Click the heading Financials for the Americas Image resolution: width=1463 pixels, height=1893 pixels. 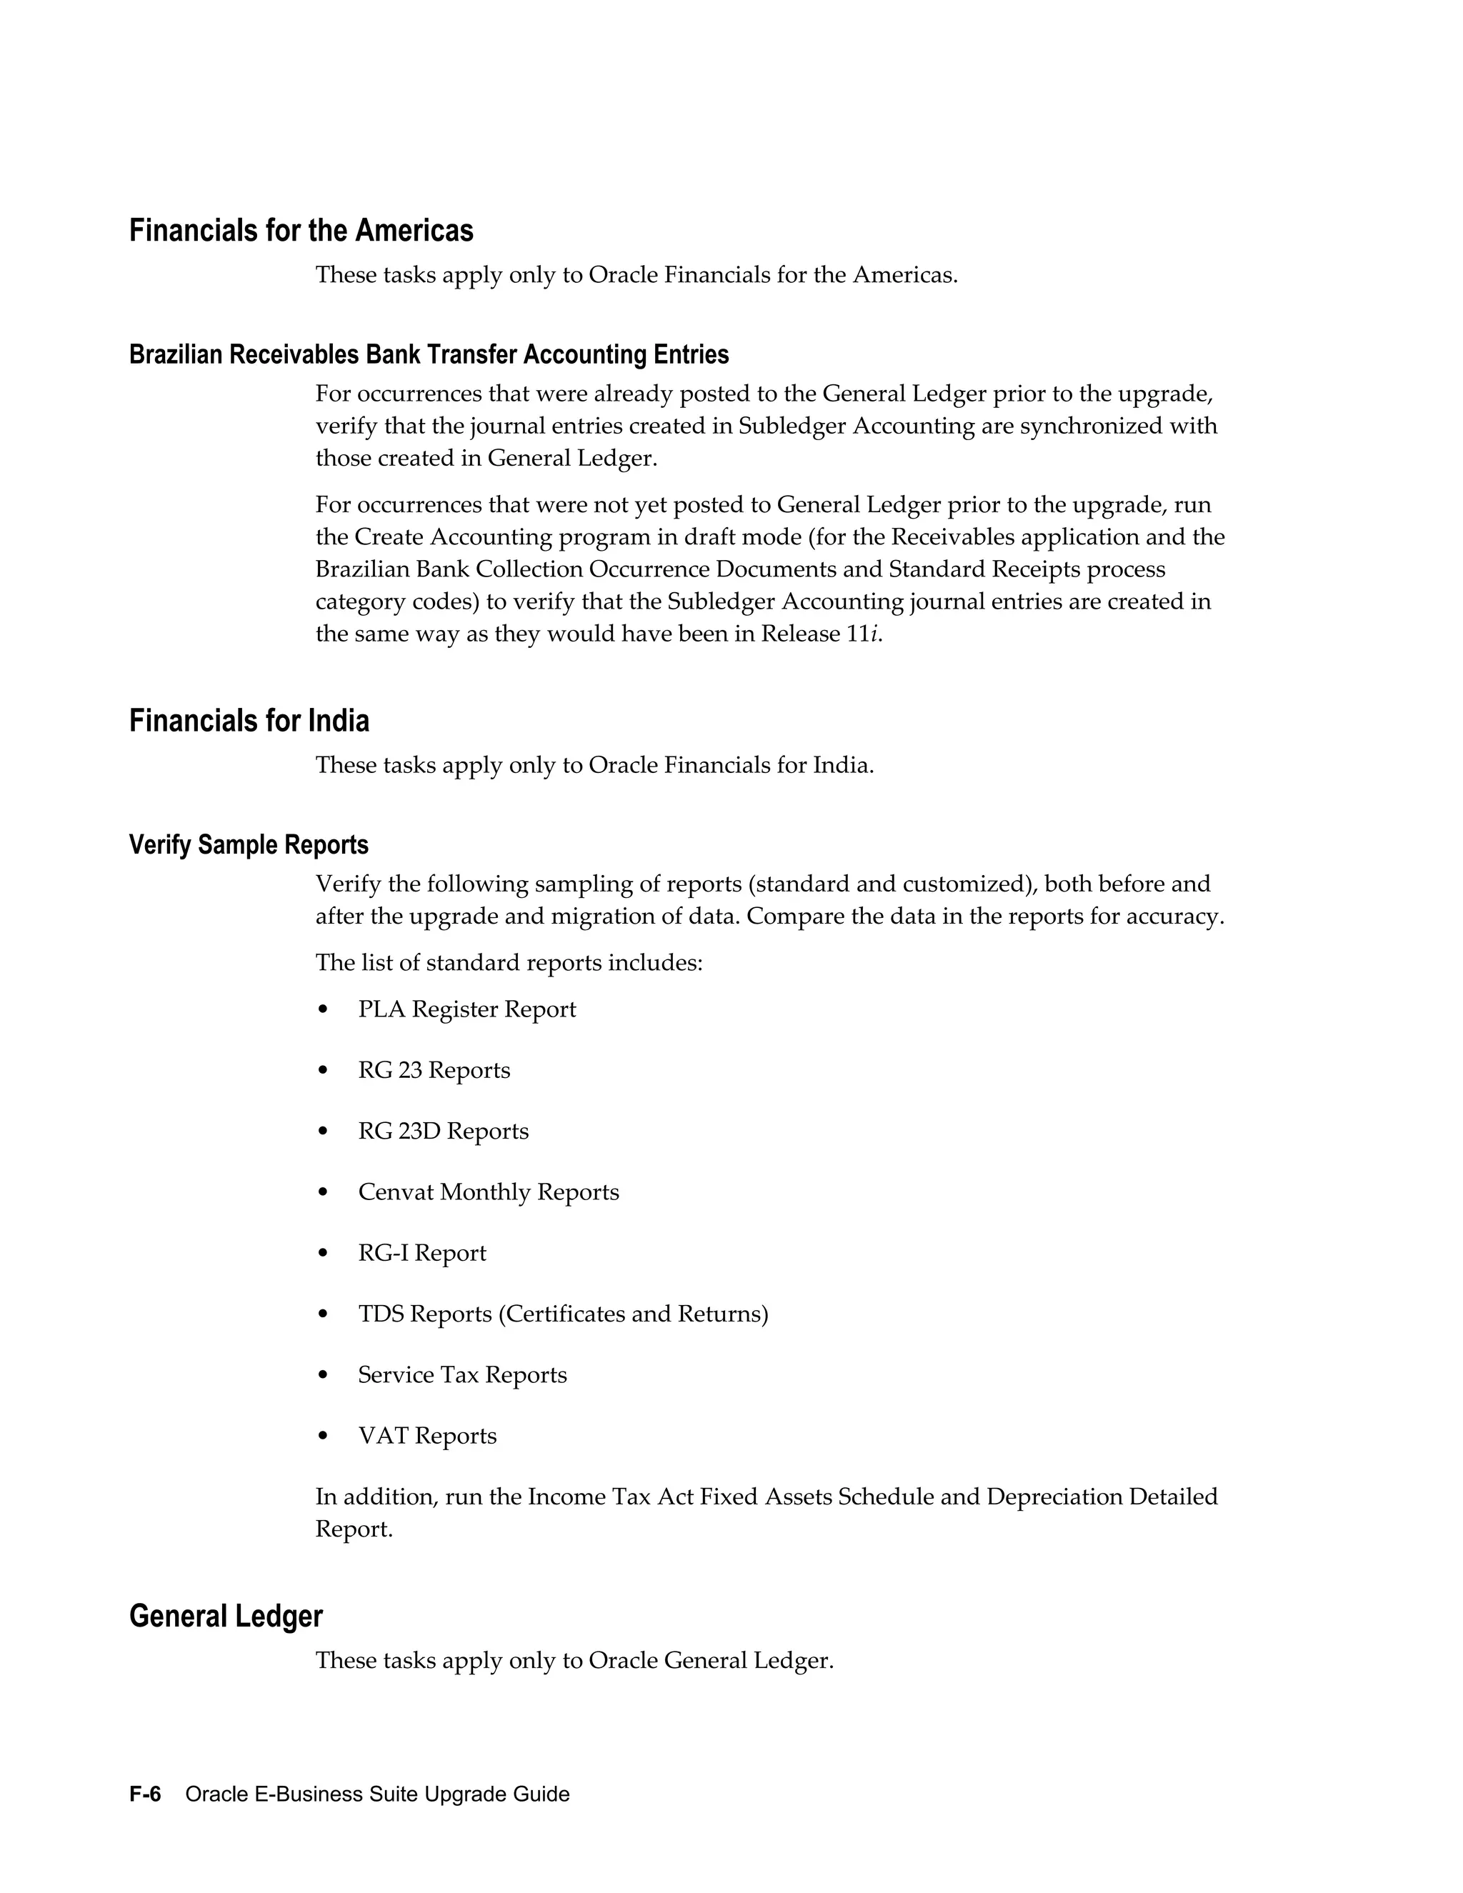[x=301, y=231]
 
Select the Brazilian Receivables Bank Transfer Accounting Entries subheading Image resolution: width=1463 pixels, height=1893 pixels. [x=428, y=354]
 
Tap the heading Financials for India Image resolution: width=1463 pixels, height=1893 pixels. [x=249, y=720]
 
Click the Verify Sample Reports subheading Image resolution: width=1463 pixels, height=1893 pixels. [x=249, y=844]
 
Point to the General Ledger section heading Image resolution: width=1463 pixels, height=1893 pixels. [x=225, y=1616]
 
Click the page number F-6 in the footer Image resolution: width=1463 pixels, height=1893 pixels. [x=145, y=1793]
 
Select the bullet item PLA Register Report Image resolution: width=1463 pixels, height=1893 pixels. [x=466, y=1009]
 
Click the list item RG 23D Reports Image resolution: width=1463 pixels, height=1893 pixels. [x=443, y=1131]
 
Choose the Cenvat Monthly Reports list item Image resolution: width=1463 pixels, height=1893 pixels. [x=488, y=1192]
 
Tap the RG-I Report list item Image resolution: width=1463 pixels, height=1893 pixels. [x=422, y=1252]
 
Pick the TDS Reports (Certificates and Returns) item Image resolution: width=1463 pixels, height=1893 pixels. [x=562, y=1314]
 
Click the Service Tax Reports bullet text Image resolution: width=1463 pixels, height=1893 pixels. [x=462, y=1374]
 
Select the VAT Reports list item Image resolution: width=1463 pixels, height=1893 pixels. [x=427, y=1435]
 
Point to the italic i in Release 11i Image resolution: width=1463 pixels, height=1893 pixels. [x=874, y=634]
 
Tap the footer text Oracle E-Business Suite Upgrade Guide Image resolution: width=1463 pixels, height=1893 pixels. [x=377, y=1793]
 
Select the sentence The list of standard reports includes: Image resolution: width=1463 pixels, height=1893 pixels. [x=509, y=963]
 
